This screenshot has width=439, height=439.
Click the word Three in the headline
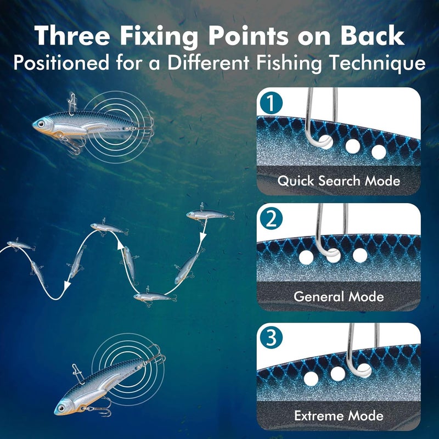click(74, 36)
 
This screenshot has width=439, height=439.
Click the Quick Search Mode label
click(339, 180)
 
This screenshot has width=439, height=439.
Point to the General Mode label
click(339, 297)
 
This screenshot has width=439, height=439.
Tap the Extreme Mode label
click(339, 415)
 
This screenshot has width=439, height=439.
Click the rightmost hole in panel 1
click(378, 151)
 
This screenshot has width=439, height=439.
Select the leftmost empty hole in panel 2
click(306, 256)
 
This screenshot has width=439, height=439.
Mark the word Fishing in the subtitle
click(285, 63)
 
